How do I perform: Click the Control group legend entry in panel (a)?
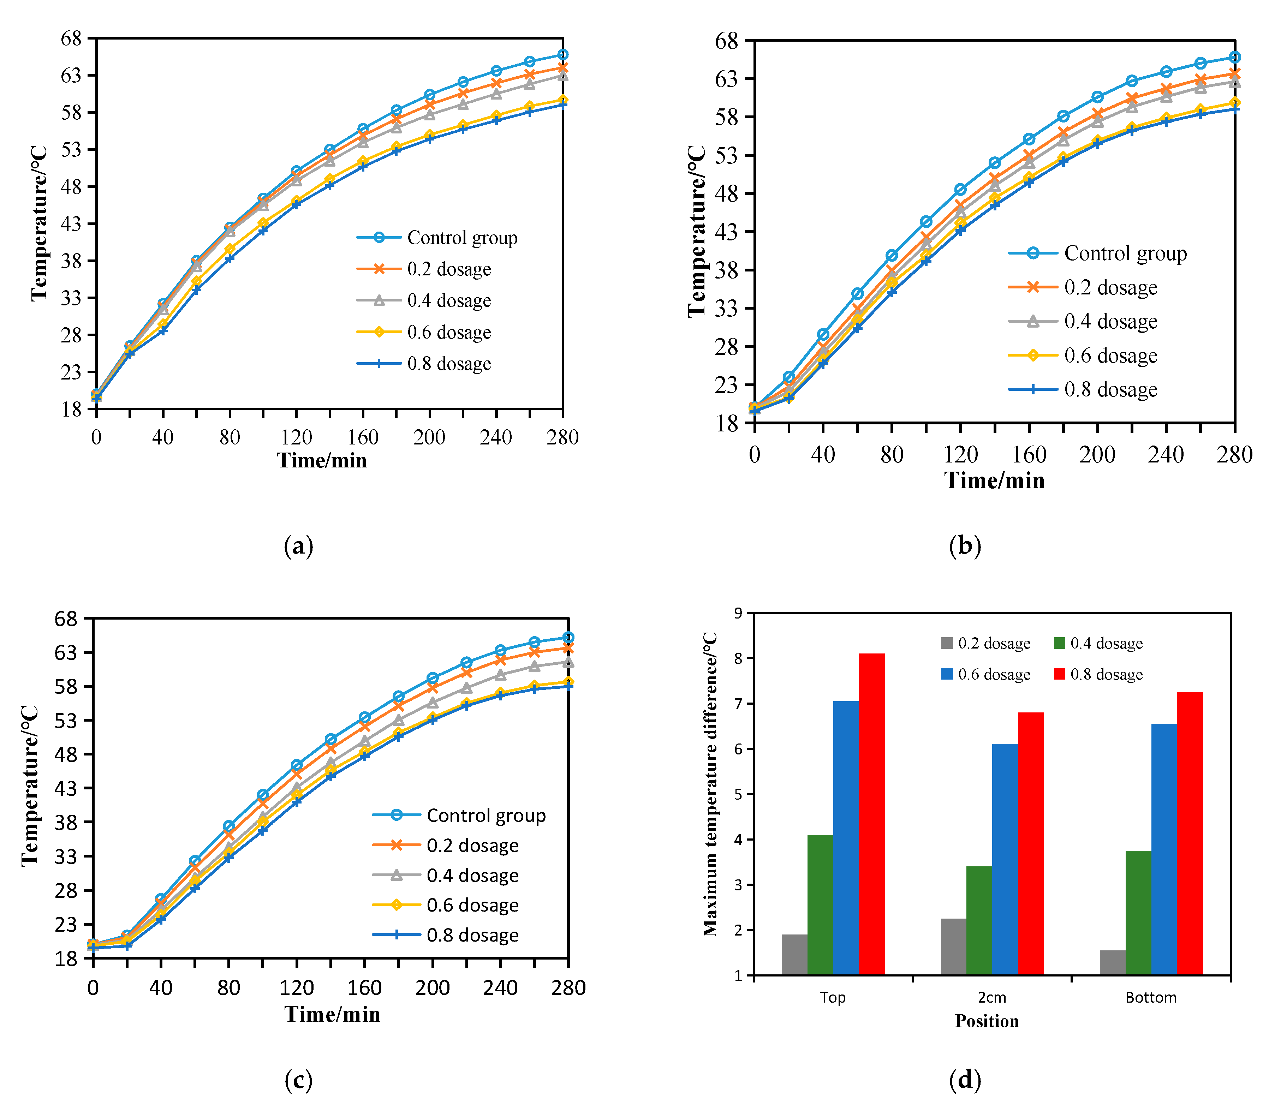[462, 238]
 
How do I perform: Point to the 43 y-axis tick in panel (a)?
[71, 223]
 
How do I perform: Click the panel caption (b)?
[965, 545]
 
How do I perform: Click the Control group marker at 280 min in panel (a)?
[562, 55]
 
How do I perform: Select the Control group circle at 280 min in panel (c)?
[568, 637]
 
